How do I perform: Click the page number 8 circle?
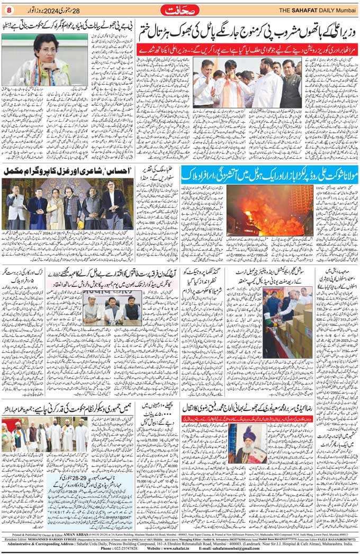click(8, 10)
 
